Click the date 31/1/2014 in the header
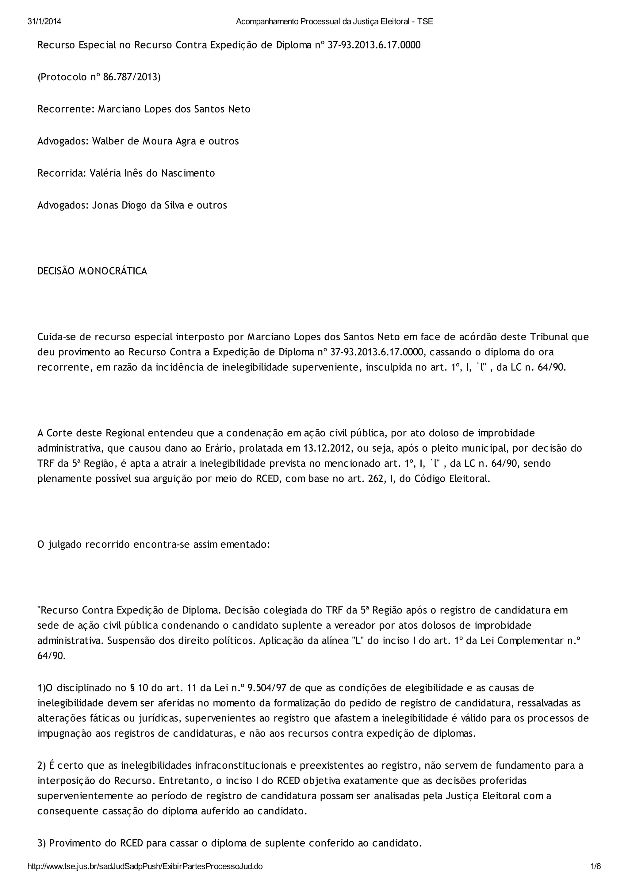pyautogui.click(x=44, y=22)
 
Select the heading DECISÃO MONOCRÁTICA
pyautogui.click(x=92, y=271)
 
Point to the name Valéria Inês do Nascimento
pyautogui.click(x=152, y=173)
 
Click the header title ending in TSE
pyautogui.click(x=334, y=22)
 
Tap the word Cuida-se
pyautogui.click(x=55, y=337)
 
